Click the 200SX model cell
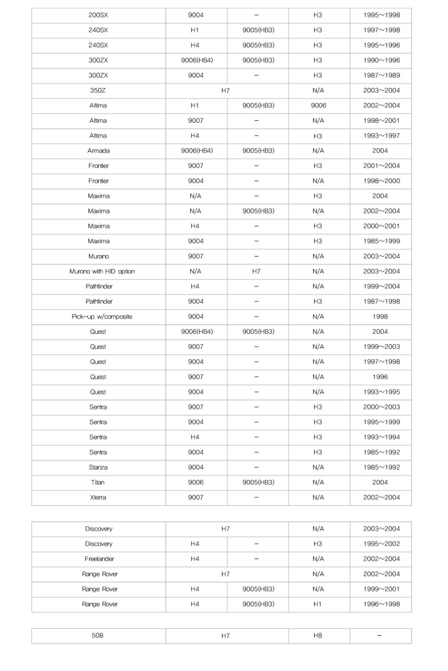pyautogui.click(x=98, y=15)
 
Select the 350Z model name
pyautogui.click(x=98, y=91)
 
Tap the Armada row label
pyautogui.click(x=98, y=151)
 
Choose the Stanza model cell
pyautogui.click(x=98, y=467)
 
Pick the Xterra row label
pyautogui.click(x=98, y=498)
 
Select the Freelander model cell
pyautogui.click(x=98, y=559)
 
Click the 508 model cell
pyautogui.click(x=98, y=636)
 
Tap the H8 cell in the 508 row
pyautogui.click(x=318, y=636)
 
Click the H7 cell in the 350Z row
pyautogui.click(x=226, y=91)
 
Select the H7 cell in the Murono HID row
pyautogui.click(x=256, y=272)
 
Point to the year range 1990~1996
pyautogui.click(x=381, y=60)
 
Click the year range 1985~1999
pyautogui.click(x=381, y=242)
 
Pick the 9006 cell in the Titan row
pyautogui.click(x=196, y=483)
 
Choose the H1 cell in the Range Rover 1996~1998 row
pyautogui.click(x=318, y=604)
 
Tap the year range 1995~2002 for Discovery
pyautogui.click(x=381, y=544)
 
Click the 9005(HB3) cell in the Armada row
pyautogui.click(x=258, y=151)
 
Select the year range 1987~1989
pyautogui.click(x=381, y=75)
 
